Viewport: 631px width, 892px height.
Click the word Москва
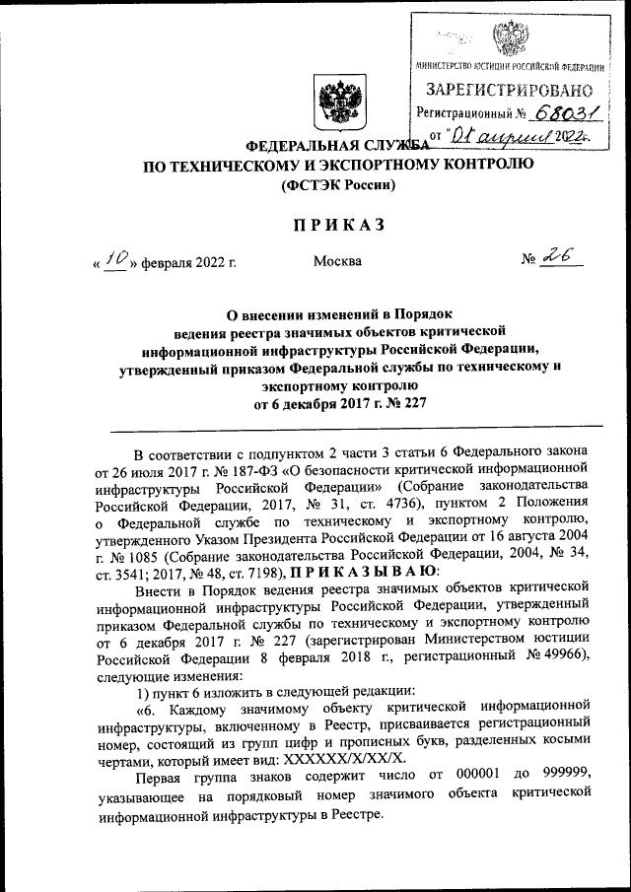pos(337,261)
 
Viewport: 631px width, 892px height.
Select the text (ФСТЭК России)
pos(339,184)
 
